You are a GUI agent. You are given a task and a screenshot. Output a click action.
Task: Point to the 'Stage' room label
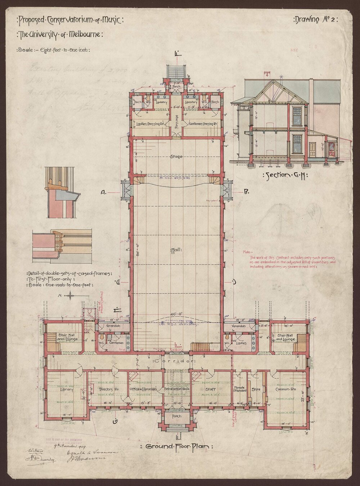(176, 157)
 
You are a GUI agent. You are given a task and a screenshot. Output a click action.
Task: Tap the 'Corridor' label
(174, 360)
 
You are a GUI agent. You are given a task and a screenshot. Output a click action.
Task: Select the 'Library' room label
(67, 390)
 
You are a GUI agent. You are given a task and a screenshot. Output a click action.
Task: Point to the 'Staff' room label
(211, 390)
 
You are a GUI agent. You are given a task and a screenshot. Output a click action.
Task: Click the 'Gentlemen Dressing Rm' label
(202, 124)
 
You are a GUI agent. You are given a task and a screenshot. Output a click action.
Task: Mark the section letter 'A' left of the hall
(103, 193)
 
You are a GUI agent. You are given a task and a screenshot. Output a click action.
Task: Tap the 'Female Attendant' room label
(240, 388)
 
